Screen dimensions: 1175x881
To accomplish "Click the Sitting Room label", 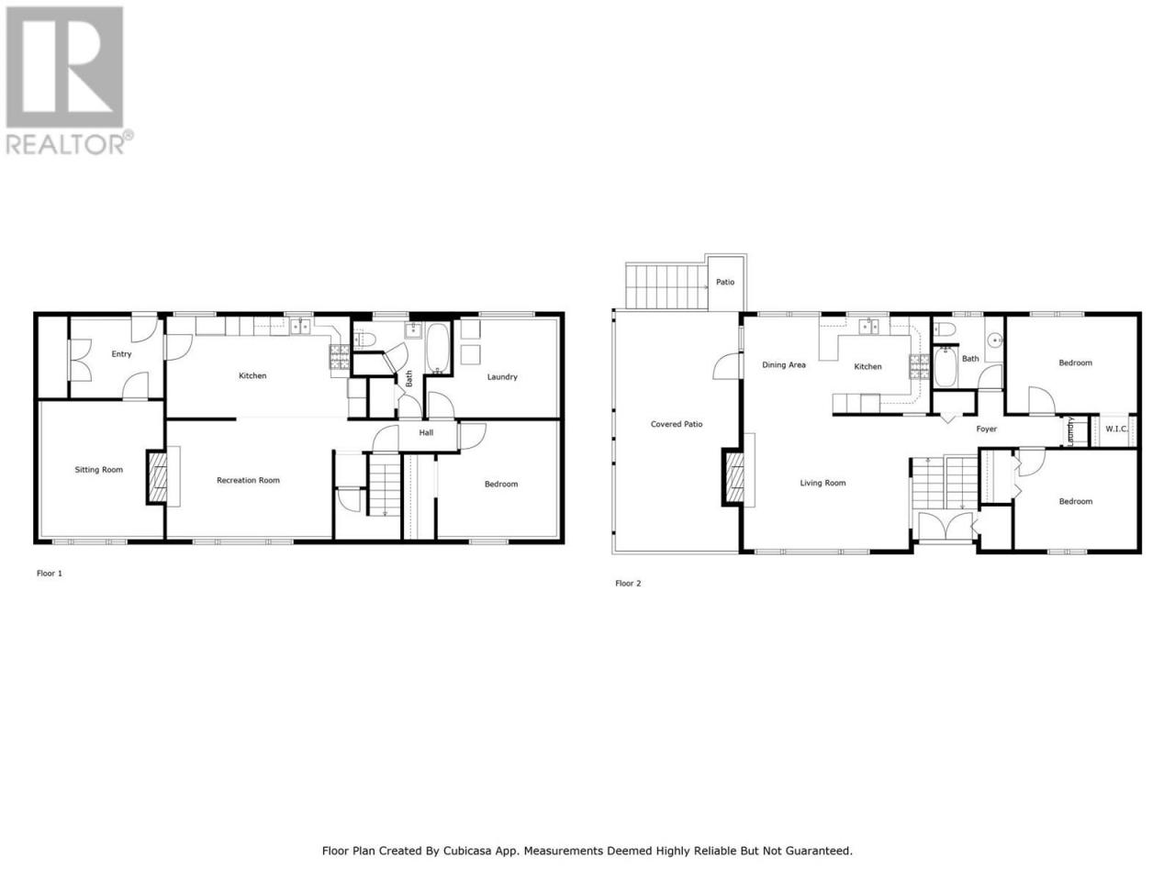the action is point(98,470).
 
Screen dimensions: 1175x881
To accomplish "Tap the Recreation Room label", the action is point(248,480).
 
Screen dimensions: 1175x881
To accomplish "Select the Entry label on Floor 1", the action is point(121,354).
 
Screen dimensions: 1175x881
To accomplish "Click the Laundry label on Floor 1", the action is point(502,377).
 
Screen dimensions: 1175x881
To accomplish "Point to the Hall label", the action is point(426,433).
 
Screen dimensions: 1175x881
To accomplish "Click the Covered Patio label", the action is point(677,424).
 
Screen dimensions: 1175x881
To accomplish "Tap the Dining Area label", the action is point(784,365).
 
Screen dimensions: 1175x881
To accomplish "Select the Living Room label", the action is point(822,483).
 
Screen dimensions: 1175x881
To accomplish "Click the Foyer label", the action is point(986,429).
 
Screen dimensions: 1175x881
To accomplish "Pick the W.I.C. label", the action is point(1116,429).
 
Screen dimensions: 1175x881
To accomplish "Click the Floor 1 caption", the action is point(50,574).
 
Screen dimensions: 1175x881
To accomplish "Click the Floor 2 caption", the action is point(628,583).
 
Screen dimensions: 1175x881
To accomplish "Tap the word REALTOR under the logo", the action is point(65,144).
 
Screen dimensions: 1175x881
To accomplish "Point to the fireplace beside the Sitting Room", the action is point(157,477).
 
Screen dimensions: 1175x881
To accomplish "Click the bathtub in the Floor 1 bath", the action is point(437,348).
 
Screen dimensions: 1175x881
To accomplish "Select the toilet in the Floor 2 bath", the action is point(945,329).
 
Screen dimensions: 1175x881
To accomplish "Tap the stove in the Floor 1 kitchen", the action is point(340,357).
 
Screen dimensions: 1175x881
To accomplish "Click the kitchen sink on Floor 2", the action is point(868,326).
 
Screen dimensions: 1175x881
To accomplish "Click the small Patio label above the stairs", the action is point(725,282).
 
